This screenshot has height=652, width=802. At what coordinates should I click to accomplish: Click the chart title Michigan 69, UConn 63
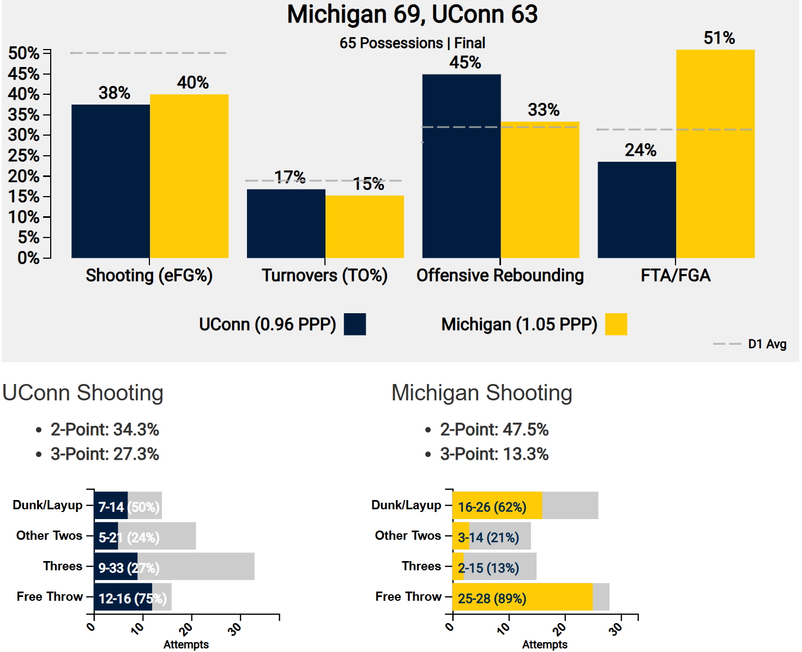412,15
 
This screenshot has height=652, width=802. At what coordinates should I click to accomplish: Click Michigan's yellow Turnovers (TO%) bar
365,227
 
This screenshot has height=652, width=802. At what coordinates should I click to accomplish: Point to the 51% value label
719,38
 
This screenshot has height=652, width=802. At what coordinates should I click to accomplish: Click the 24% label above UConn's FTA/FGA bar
641,150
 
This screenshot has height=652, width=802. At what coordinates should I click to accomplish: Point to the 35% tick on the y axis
23,115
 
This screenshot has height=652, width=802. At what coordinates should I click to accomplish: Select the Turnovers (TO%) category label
324,276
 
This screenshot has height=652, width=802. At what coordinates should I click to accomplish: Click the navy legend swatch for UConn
354,324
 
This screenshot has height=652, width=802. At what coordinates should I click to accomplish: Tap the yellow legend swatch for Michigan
616,324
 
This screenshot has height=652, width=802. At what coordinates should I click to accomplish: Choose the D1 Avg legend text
767,344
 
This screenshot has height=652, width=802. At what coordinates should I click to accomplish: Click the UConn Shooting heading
83,393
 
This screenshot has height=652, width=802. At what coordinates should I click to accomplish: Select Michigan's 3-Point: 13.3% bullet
494,454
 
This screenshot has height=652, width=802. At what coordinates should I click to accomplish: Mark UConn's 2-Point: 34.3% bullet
105,430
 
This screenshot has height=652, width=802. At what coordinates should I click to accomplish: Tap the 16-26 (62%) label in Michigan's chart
492,507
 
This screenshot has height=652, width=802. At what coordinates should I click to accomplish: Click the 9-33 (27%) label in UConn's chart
129,568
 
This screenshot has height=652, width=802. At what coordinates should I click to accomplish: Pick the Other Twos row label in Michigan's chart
408,536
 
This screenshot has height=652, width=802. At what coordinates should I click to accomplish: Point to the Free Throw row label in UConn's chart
50,597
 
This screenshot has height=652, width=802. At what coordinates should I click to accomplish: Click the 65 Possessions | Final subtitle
412,43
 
